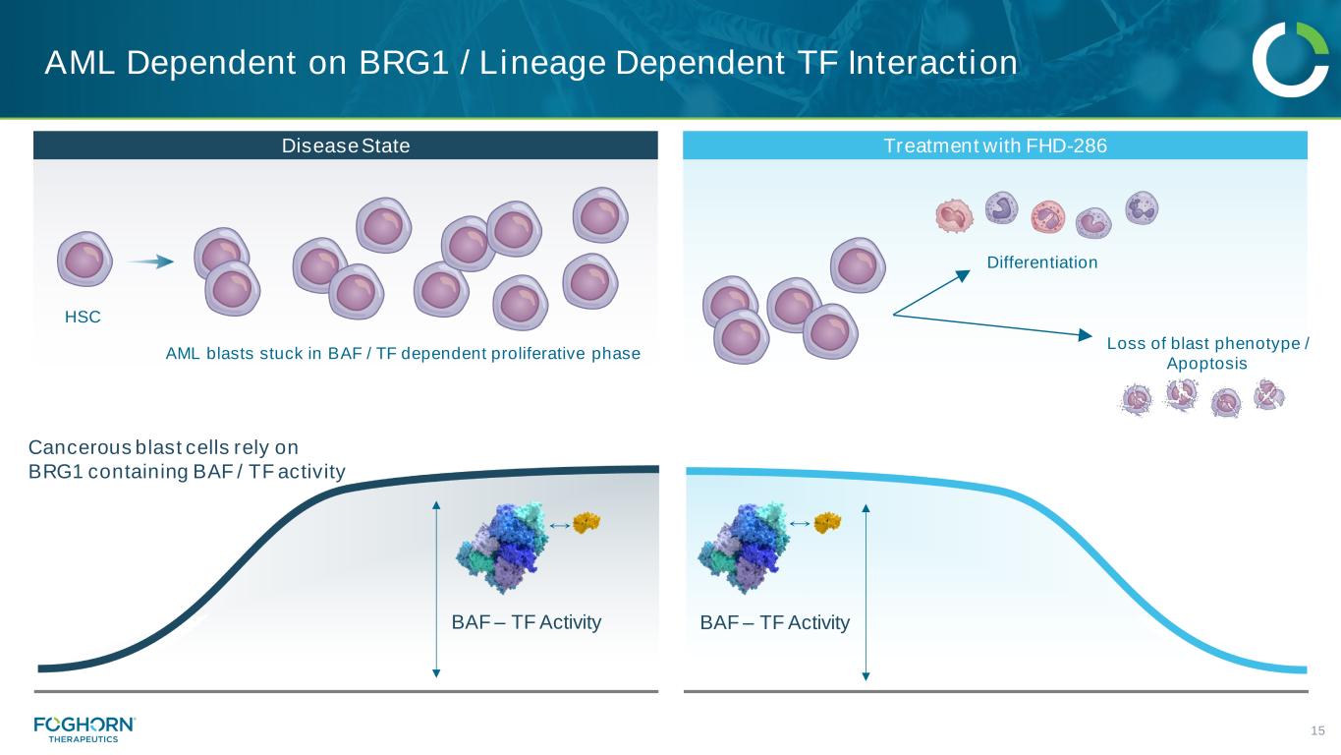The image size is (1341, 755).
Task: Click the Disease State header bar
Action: coord(345,145)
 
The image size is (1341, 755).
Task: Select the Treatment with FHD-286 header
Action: coord(994,145)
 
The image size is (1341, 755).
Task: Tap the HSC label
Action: coord(83,318)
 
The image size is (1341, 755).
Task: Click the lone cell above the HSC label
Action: coord(84,261)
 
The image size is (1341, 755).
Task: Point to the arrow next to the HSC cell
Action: coord(150,261)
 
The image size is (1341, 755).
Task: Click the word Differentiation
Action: coord(1041,262)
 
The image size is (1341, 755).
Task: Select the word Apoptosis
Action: coord(1206,364)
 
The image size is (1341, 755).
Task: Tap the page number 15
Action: coord(1318,729)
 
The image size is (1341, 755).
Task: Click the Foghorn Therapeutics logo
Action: coord(84,728)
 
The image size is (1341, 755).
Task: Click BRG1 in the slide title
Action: coord(398,64)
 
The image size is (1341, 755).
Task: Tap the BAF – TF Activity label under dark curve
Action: coord(526,622)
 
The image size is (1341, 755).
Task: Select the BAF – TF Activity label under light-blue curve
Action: coord(774,622)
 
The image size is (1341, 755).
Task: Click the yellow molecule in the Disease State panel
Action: coord(587,523)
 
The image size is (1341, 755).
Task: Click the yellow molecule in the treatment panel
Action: coord(827,523)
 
